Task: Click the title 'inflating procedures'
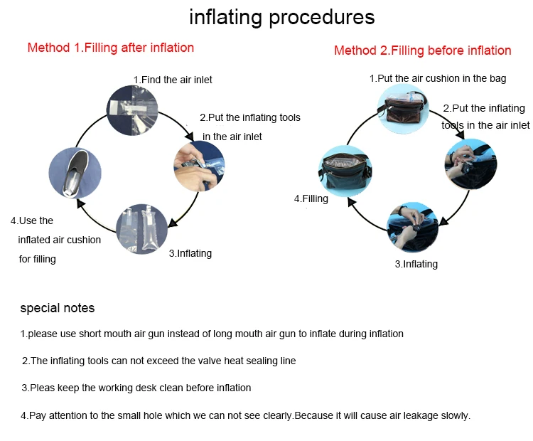(281, 17)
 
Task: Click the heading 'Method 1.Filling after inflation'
(110, 48)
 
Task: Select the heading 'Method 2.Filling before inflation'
(422, 51)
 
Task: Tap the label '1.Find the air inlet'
(173, 80)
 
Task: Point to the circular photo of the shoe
(75, 173)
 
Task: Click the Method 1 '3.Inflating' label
(190, 253)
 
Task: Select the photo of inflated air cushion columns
(142, 229)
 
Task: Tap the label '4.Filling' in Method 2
(311, 199)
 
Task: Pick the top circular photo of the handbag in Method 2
(403, 109)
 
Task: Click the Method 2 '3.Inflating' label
(416, 264)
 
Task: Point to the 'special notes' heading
(57, 308)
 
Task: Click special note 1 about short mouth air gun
(212, 334)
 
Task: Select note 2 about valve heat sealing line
(158, 361)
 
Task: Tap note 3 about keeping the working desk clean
(136, 388)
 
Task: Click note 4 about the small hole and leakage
(246, 415)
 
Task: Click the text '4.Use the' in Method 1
(32, 220)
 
